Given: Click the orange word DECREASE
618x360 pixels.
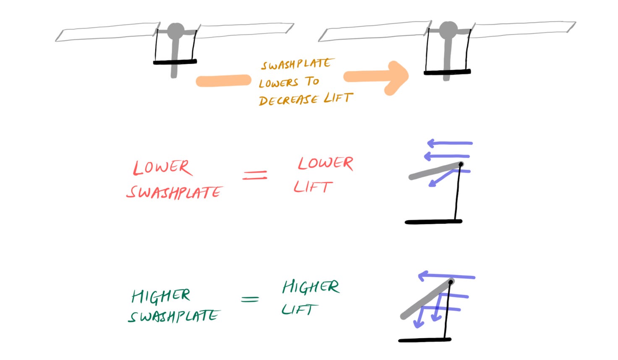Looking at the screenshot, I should [289, 100].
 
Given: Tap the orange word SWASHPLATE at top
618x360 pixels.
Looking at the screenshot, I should [297, 64].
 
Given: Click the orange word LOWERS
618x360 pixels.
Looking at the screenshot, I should [279, 83].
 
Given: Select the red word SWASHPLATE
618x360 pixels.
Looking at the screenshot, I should [174, 192].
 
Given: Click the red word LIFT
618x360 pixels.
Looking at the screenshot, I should [313, 186].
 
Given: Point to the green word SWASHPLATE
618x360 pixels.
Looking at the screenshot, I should [174, 316].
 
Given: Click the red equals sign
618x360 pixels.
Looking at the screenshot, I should [255, 175].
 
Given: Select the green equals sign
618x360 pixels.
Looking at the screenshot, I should [250, 299].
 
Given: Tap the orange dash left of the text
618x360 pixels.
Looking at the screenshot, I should [223, 81].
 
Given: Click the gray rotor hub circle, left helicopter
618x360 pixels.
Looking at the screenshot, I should [175, 31].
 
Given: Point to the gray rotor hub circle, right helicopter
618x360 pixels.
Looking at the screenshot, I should [448, 30].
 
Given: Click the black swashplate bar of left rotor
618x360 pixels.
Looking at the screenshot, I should [175, 62].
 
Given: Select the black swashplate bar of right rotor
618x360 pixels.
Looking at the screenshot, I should [447, 73].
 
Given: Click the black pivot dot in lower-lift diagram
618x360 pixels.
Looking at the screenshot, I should [461, 164].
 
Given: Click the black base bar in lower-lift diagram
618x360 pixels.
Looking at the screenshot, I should [433, 222].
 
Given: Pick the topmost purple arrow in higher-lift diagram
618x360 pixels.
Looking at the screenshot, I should [447, 276].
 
